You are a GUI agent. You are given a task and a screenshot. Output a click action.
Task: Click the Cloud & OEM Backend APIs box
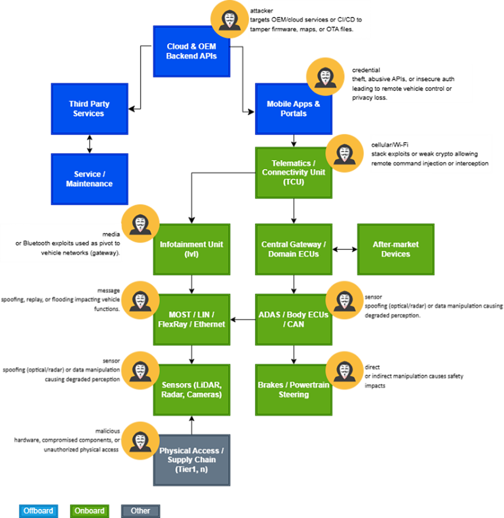[192, 51]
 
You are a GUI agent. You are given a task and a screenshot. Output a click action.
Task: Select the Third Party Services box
[89, 109]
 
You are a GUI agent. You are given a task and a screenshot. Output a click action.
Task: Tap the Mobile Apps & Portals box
[293, 109]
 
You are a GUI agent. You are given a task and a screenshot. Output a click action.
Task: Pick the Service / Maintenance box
[89, 179]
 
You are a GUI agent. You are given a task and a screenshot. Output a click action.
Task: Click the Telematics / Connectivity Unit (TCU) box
[293, 172]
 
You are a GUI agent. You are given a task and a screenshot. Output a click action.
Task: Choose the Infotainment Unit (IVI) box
[192, 249]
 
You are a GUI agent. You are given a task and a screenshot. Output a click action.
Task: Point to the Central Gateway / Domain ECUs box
[293, 249]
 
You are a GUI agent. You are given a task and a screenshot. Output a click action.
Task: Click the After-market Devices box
[395, 249]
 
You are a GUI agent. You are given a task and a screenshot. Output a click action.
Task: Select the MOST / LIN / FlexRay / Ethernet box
[192, 319]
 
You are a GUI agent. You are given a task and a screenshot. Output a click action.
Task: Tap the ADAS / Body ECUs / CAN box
[293, 319]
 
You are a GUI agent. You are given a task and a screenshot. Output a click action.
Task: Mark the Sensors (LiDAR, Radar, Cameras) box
[192, 390]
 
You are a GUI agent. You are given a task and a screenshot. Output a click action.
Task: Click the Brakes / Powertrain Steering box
[293, 390]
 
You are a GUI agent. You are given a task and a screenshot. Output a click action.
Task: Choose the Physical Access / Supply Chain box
[192, 460]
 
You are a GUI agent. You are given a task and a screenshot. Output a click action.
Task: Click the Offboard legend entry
[38, 511]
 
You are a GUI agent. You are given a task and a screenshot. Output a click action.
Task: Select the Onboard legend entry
[89, 511]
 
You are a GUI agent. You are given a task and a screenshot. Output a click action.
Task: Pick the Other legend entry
[140, 511]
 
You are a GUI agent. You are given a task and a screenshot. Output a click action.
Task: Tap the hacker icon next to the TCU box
[344, 154]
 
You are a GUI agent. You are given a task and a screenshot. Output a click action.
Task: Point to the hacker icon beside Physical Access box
[140, 442]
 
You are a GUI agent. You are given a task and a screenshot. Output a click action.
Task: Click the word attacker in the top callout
[261, 11]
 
